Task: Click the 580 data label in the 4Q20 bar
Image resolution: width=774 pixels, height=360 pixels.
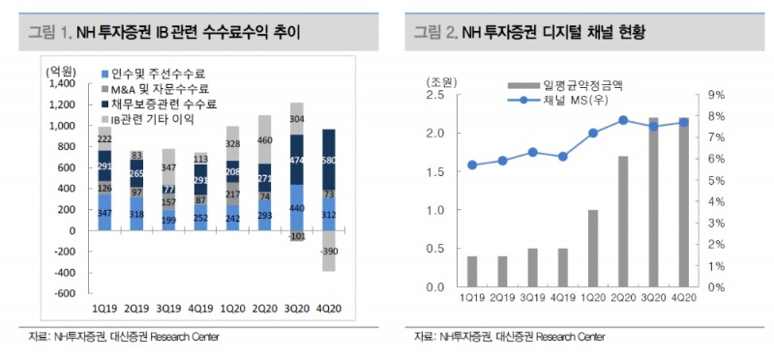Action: tap(330, 161)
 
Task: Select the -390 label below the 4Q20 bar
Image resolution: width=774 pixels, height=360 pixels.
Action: tap(330, 251)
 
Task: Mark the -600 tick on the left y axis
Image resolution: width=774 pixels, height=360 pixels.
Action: tap(65, 294)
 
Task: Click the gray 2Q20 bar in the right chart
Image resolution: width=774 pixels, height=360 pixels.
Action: tap(623, 222)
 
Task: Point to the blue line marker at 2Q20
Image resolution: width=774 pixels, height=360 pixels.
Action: tap(623, 120)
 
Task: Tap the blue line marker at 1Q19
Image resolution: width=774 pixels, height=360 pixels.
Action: tap(471, 165)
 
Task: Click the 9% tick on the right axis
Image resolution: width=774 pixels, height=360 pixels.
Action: tap(717, 95)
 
